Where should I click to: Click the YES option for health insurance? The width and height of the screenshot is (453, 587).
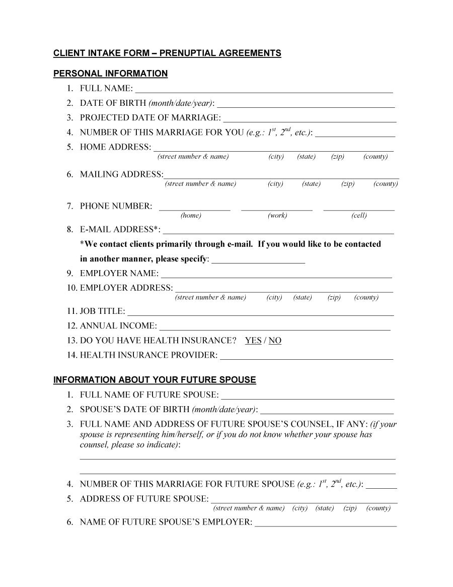tap(253, 341)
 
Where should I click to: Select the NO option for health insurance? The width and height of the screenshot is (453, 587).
tap(275, 341)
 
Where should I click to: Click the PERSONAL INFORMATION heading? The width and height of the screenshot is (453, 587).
tap(110, 74)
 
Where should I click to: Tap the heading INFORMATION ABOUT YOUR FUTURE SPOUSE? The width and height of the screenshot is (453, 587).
tap(155, 380)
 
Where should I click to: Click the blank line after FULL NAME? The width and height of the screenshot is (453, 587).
tap(264, 90)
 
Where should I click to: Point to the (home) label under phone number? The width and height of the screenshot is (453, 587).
tap(191, 216)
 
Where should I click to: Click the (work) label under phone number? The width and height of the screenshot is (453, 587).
tap(277, 216)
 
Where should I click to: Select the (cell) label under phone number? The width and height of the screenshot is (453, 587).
tap(359, 216)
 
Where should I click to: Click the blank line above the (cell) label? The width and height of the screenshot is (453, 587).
tap(359, 208)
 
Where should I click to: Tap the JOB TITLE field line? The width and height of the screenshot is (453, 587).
tap(261, 313)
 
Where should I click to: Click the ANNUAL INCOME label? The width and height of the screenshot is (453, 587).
tap(118, 326)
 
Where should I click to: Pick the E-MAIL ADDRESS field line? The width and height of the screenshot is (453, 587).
tap(278, 231)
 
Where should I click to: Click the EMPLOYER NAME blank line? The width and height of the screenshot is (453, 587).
tap(276, 275)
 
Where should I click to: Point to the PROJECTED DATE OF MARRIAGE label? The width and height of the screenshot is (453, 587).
tap(150, 118)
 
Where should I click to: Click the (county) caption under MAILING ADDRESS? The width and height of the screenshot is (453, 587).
tap(386, 184)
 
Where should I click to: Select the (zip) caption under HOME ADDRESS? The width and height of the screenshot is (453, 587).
tap(338, 157)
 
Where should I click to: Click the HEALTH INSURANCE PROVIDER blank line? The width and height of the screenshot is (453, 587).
tap(307, 357)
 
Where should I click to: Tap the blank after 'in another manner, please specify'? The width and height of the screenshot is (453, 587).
tap(258, 260)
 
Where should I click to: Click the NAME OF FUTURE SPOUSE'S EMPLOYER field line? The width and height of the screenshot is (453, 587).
tap(326, 524)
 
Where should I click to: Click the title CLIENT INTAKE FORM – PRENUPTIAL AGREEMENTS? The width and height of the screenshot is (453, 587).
tap(167, 53)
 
